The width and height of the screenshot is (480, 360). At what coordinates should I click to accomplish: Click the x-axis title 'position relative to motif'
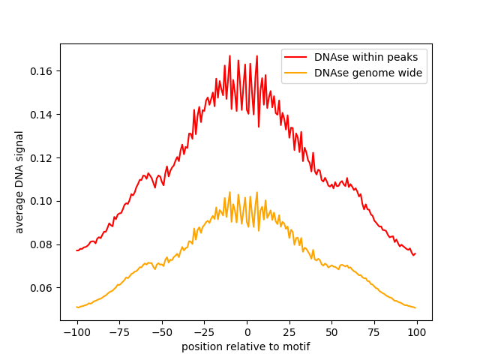[x=246, y=346]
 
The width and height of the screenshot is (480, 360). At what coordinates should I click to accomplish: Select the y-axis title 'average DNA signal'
[x=19, y=181]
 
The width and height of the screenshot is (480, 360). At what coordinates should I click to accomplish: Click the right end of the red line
[x=415, y=253]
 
